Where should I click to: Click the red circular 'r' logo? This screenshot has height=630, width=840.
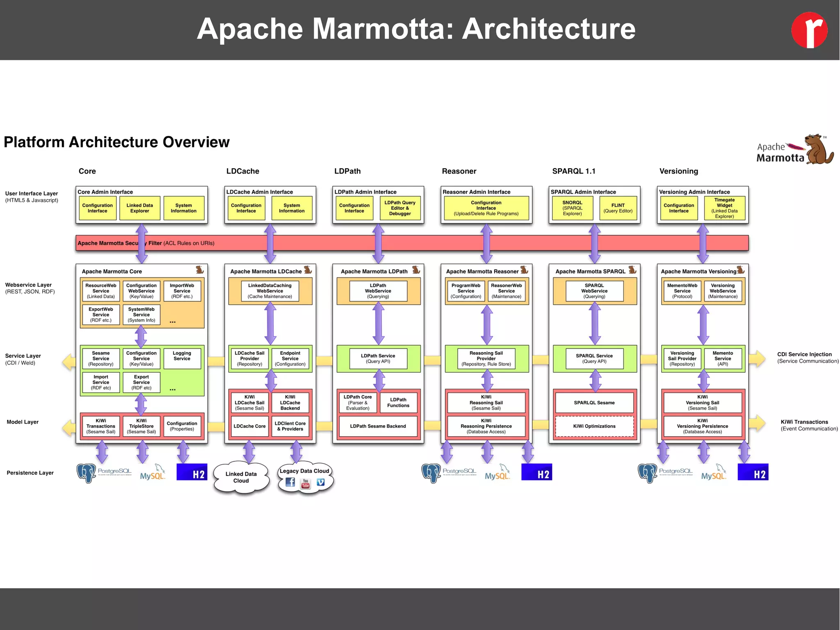(x=809, y=30)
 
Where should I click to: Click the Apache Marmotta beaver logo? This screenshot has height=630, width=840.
(x=818, y=150)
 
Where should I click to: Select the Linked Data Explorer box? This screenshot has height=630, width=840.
(x=139, y=208)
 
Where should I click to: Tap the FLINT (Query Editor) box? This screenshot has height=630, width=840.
(x=618, y=208)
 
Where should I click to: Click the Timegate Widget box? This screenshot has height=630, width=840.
(x=724, y=208)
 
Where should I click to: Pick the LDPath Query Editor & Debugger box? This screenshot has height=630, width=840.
(x=400, y=208)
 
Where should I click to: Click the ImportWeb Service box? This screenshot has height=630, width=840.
(x=182, y=291)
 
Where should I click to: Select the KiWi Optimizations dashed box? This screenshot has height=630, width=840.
(x=594, y=426)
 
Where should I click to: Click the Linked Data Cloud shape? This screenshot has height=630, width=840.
(x=241, y=477)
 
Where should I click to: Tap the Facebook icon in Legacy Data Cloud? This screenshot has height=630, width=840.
(x=290, y=482)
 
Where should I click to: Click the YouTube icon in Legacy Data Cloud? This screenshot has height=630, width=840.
(x=306, y=483)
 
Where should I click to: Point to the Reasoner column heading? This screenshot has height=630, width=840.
(x=459, y=171)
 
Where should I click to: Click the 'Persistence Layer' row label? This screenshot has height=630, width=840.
(x=30, y=473)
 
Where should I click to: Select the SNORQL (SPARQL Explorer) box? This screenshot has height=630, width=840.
(x=572, y=208)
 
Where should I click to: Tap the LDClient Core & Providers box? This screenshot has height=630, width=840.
(x=290, y=426)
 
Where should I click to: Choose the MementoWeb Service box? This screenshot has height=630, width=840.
(x=682, y=291)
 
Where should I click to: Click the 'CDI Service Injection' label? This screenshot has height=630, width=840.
(x=804, y=354)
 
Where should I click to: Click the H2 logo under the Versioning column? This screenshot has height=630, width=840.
(x=753, y=472)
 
